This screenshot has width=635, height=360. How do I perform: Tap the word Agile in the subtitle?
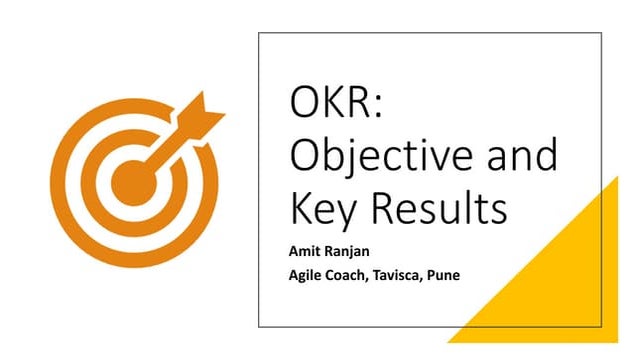coord(307,276)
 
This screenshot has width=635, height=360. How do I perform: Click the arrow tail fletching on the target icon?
coord(208,108)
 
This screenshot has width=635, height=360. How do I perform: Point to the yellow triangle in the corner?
coord(560,290)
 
